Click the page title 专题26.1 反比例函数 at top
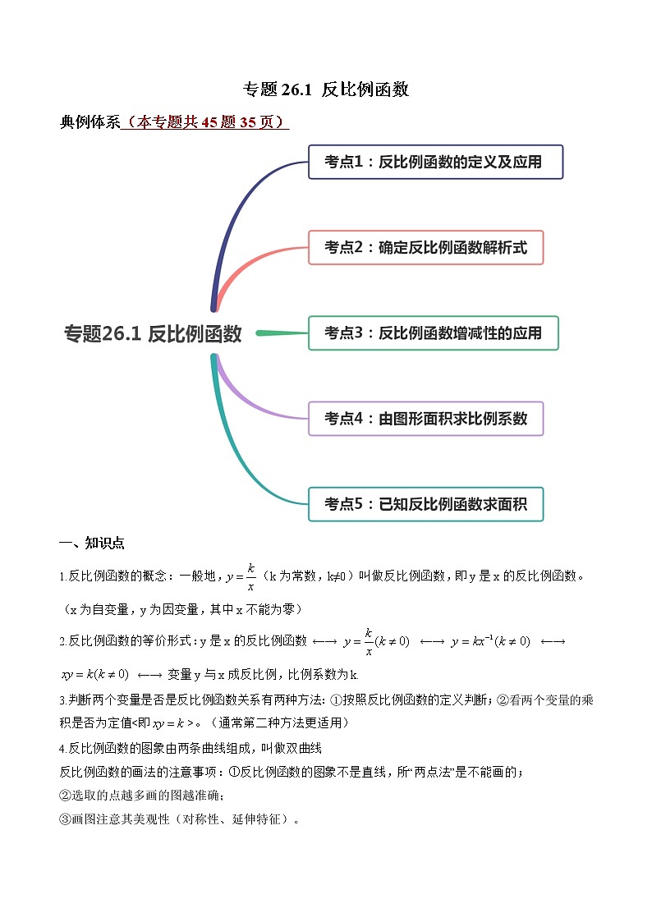tap(326, 90)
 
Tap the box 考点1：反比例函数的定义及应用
tap(435, 162)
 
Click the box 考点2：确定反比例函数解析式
tap(425, 247)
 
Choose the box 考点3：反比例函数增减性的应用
tap(433, 333)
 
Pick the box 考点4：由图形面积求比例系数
tap(425, 419)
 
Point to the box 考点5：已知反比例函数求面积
tap(425, 504)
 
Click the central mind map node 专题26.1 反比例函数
tap(153, 334)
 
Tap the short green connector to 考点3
tap(282, 333)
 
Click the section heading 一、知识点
tap(92, 544)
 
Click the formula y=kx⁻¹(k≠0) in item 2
tap(490, 641)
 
